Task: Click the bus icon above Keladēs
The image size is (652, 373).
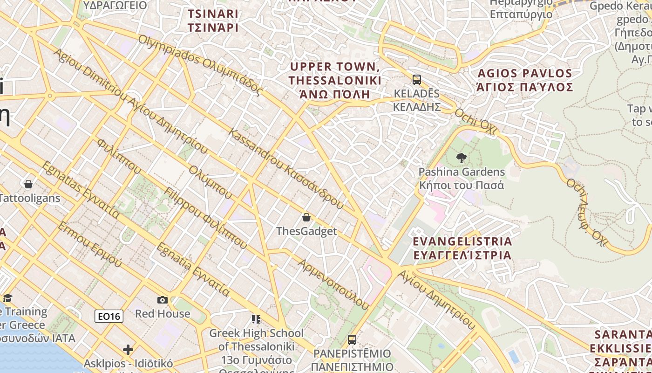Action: pos(417,80)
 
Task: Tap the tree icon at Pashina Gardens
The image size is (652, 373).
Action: pos(462,158)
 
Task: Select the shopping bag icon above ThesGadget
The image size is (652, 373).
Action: pos(306,217)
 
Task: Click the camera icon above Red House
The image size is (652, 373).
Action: pos(163,300)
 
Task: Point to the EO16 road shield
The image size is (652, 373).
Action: pos(109,317)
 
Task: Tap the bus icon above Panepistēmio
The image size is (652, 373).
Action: pos(352,339)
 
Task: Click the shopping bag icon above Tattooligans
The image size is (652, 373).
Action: pos(28,184)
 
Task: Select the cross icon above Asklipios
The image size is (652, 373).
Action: pos(128,350)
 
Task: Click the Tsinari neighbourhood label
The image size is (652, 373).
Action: pos(213,21)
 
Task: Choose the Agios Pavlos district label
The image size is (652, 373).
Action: pos(525,80)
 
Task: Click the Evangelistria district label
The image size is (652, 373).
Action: pos(462,248)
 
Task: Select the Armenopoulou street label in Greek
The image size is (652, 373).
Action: pos(334,284)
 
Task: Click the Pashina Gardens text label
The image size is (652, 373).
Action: pos(462,178)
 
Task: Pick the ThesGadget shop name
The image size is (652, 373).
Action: pos(306,231)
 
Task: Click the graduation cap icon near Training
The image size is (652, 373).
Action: pos(7,298)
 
